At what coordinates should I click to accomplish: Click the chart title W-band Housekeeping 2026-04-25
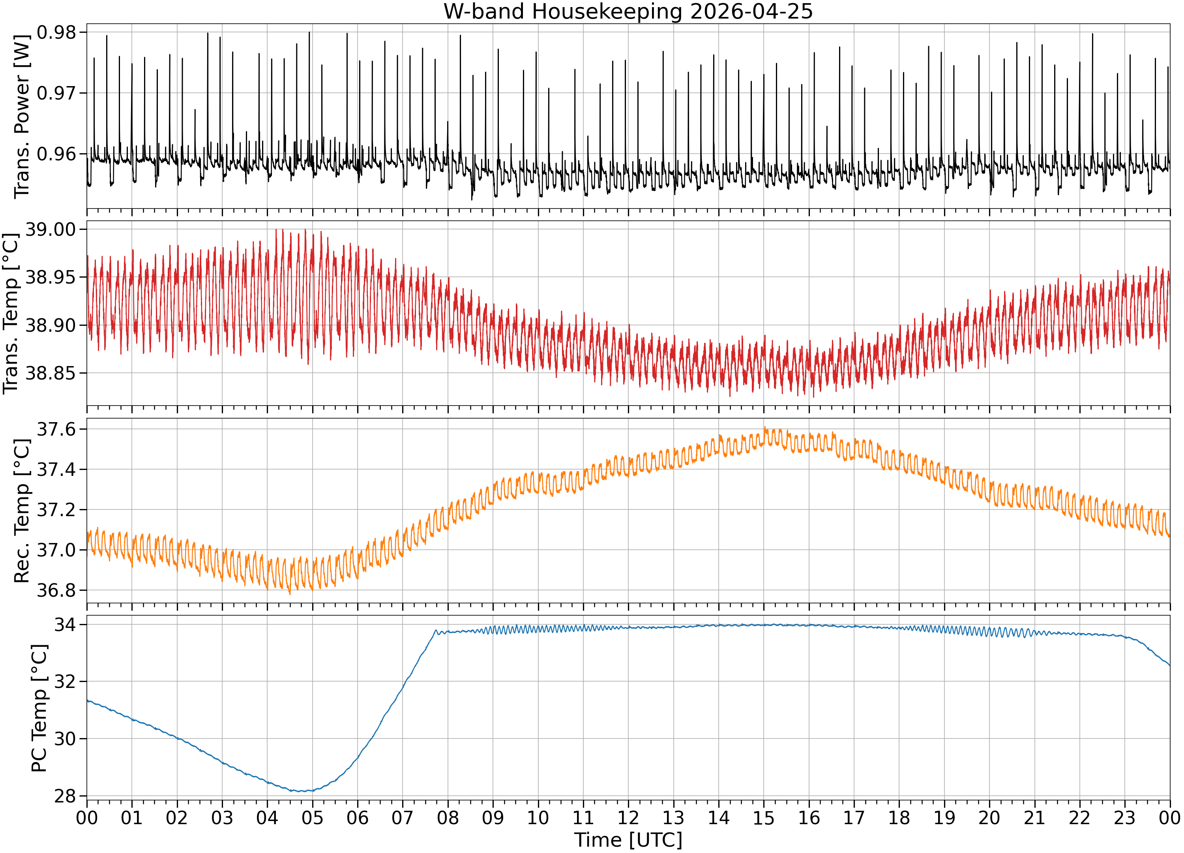(x=628, y=11)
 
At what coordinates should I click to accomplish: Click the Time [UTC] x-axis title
(x=628, y=840)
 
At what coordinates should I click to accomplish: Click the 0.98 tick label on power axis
(x=56, y=32)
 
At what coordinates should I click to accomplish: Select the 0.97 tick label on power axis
(x=56, y=94)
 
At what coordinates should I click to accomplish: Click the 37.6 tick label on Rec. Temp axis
(x=56, y=429)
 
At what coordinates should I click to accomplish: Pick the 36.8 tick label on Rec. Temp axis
(x=56, y=590)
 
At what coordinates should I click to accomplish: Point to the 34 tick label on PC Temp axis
(x=65, y=625)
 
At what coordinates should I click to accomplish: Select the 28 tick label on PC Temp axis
(x=65, y=796)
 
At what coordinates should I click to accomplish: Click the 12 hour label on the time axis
(x=628, y=817)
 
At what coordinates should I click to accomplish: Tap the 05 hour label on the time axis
(x=312, y=817)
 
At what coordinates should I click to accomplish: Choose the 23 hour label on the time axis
(x=1124, y=817)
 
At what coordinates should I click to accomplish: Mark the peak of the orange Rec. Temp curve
(x=765, y=427)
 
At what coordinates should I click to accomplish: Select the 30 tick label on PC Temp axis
(x=65, y=738)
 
